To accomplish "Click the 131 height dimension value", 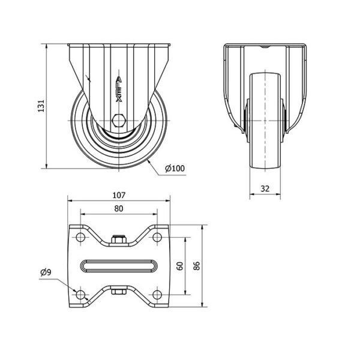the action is click(41, 106).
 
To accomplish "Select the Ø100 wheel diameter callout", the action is click(175, 168).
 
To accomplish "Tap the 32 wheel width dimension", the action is click(265, 188).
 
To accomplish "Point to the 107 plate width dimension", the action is click(119, 195).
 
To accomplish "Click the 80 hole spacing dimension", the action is click(119, 209).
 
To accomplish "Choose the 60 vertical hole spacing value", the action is click(181, 266).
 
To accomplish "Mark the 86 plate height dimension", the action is click(197, 266).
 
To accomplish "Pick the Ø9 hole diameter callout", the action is click(46, 272).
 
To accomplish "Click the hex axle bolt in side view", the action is click(118, 120).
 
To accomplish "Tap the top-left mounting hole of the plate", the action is click(80, 237).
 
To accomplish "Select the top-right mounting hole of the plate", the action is click(157, 237).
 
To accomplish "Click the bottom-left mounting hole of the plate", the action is click(80, 295).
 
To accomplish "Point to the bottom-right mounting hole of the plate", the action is click(157, 295).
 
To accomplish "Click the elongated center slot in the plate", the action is click(119, 266).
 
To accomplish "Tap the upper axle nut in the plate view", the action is click(119, 239).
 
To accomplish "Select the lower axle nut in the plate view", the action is click(119, 292).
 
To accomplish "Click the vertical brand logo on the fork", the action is click(119, 89).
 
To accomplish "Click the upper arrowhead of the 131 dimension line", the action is click(47, 46).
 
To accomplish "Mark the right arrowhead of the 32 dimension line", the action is click(278, 194).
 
